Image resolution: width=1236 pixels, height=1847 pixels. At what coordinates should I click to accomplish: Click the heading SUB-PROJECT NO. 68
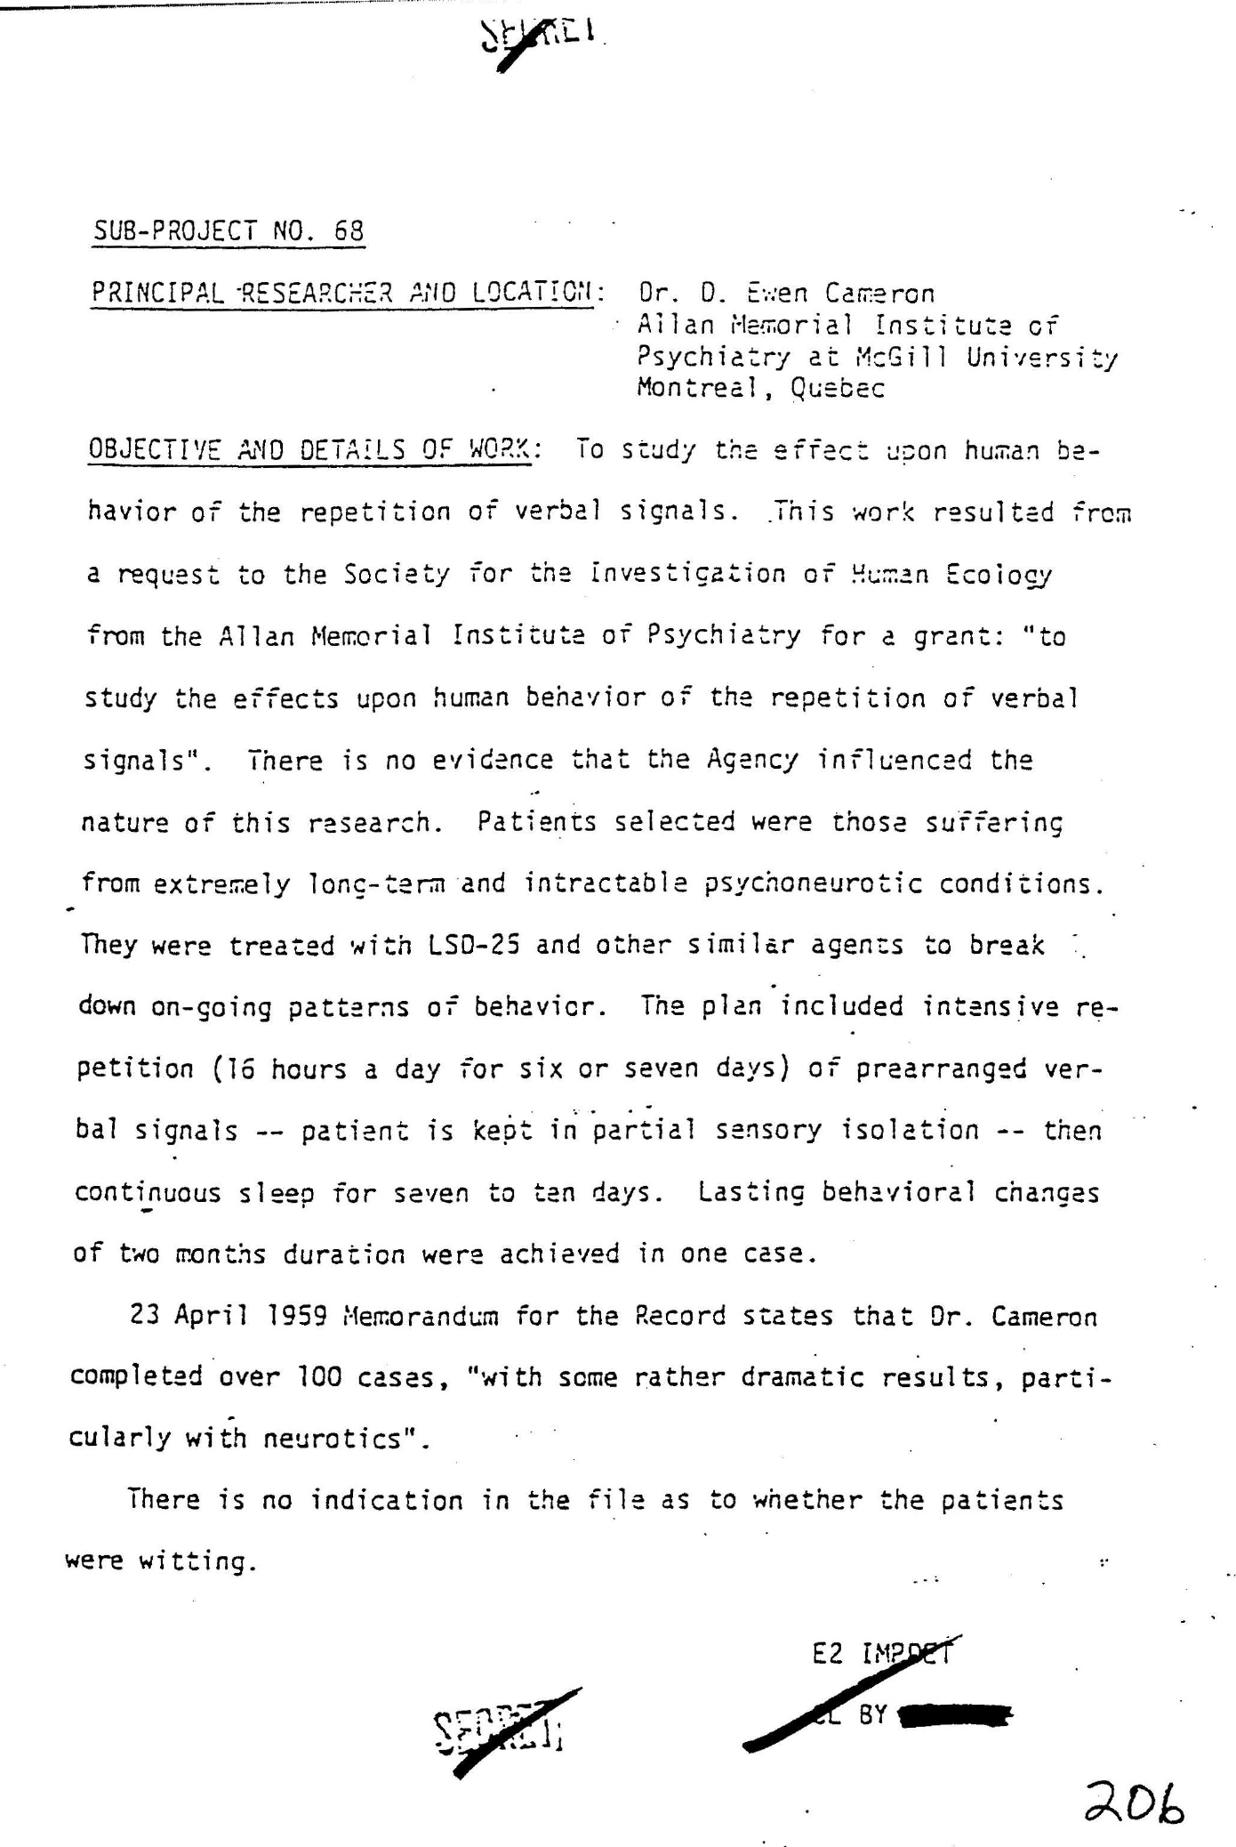tap(229, 231)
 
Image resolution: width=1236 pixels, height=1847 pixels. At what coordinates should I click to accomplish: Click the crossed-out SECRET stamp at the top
tap(541, 36)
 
